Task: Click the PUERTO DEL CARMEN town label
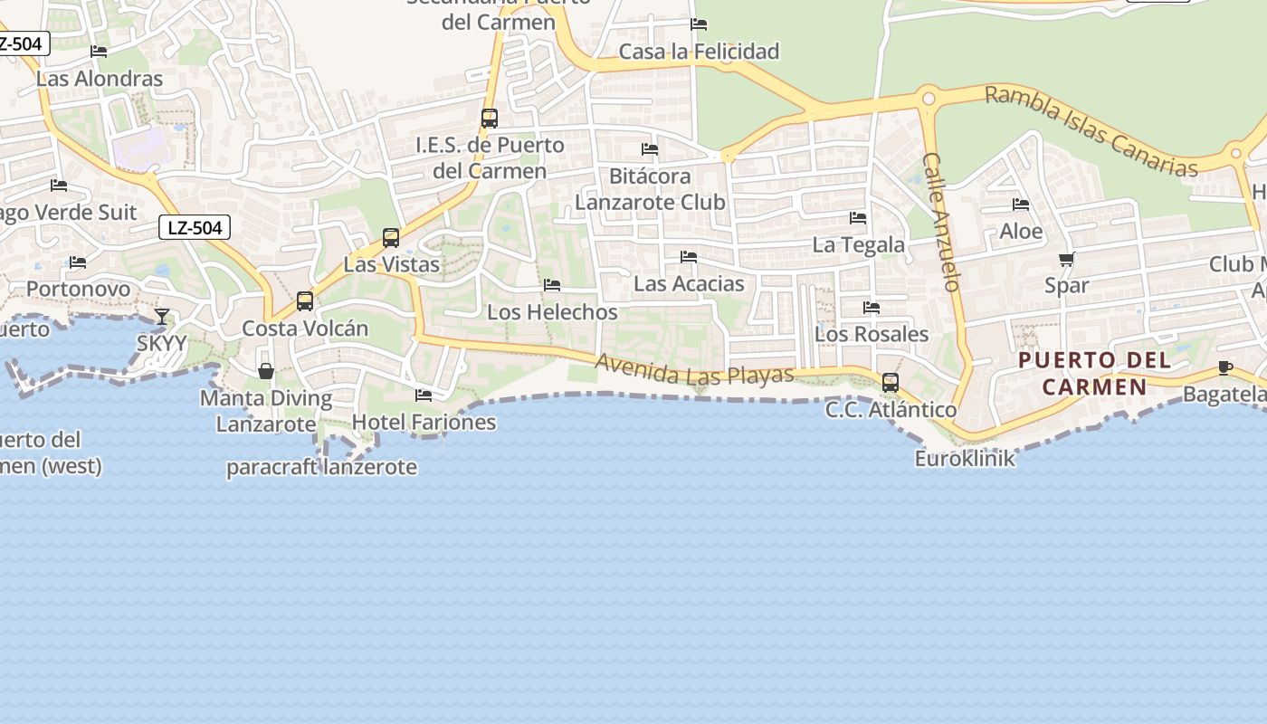[1082, 373]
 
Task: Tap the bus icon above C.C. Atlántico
[891, 383]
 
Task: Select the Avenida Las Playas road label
[694, 369]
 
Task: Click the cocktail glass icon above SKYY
[162, 316]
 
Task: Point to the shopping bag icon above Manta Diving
[266, 371]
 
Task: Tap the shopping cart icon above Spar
[1067, 260]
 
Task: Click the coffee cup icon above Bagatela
[1225, 367]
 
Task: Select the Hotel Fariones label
[424, 422]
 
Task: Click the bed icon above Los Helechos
[552, 285]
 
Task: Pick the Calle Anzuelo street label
[940, 222]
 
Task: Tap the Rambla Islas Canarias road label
[1091, 131]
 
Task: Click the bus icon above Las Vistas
[391, 238]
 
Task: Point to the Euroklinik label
[965, 458]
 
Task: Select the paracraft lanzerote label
[321, 467]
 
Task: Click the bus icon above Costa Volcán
[305, 301]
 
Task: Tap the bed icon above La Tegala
[858, 218]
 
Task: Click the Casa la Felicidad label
[699, 52]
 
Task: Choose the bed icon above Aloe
[1021, 205]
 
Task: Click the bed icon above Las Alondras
[99, 52]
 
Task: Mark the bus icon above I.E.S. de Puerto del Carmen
[490, 119]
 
